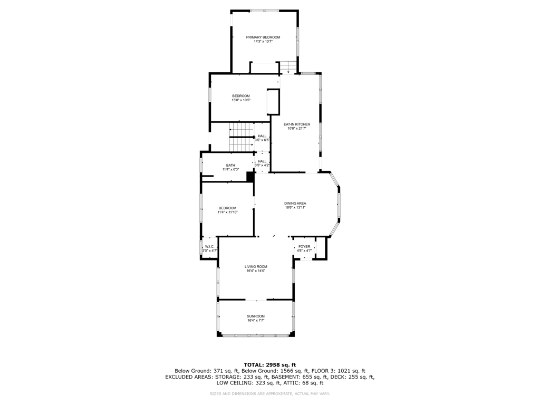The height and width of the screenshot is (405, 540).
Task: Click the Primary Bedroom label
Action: [x=263, y=37]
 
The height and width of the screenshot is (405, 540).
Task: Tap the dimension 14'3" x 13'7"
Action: [x=263, y=42]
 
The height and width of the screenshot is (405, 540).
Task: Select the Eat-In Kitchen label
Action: [x=297, y=124]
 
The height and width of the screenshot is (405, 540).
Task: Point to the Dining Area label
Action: [x=295, y=204]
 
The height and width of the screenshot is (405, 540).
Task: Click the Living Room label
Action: [x=256, y=267]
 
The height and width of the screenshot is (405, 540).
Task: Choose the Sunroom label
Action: [x=256, y=316]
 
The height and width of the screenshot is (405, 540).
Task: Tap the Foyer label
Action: [x=304, y=246]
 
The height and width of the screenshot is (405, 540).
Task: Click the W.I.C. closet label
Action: [x=209, y=246]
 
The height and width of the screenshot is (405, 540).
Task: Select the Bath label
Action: [x=230, y=165]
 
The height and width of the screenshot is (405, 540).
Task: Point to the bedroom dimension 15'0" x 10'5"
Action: [x=241, y=100]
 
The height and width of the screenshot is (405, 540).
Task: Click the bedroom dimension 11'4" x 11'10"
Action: [x=227, y=213]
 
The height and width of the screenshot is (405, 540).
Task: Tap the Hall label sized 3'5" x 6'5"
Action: [x=262, y=136]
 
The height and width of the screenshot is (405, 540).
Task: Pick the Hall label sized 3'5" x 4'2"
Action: [x=262, y=161]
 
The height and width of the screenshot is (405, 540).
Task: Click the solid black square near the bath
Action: [x=250, y=177]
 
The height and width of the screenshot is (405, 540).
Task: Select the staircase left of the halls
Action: [x=242, y=137]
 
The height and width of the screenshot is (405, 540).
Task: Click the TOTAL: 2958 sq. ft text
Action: [x=269, y=365]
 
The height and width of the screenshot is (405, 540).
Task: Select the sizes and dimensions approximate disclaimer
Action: [x=269, y=394]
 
